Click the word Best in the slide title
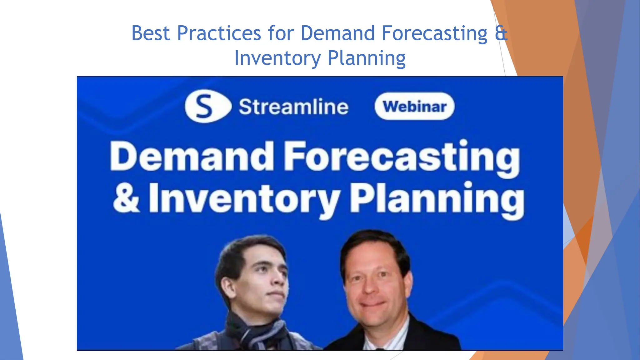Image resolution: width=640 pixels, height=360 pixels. point(150,33)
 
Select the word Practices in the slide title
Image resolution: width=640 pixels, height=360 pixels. point(219,33)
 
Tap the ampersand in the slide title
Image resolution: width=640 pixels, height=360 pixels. point(501,33)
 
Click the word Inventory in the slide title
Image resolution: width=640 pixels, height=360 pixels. point(277,58)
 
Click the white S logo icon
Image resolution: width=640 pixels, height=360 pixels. point(206,106)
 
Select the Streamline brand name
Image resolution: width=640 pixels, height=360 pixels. point(293,107)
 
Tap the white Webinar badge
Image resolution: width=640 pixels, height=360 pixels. point(414,106)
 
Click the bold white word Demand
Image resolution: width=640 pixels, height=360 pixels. point(192,156)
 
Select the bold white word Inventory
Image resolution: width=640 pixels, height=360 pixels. point(244,198)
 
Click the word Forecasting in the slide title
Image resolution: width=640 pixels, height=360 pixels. point(434,33)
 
